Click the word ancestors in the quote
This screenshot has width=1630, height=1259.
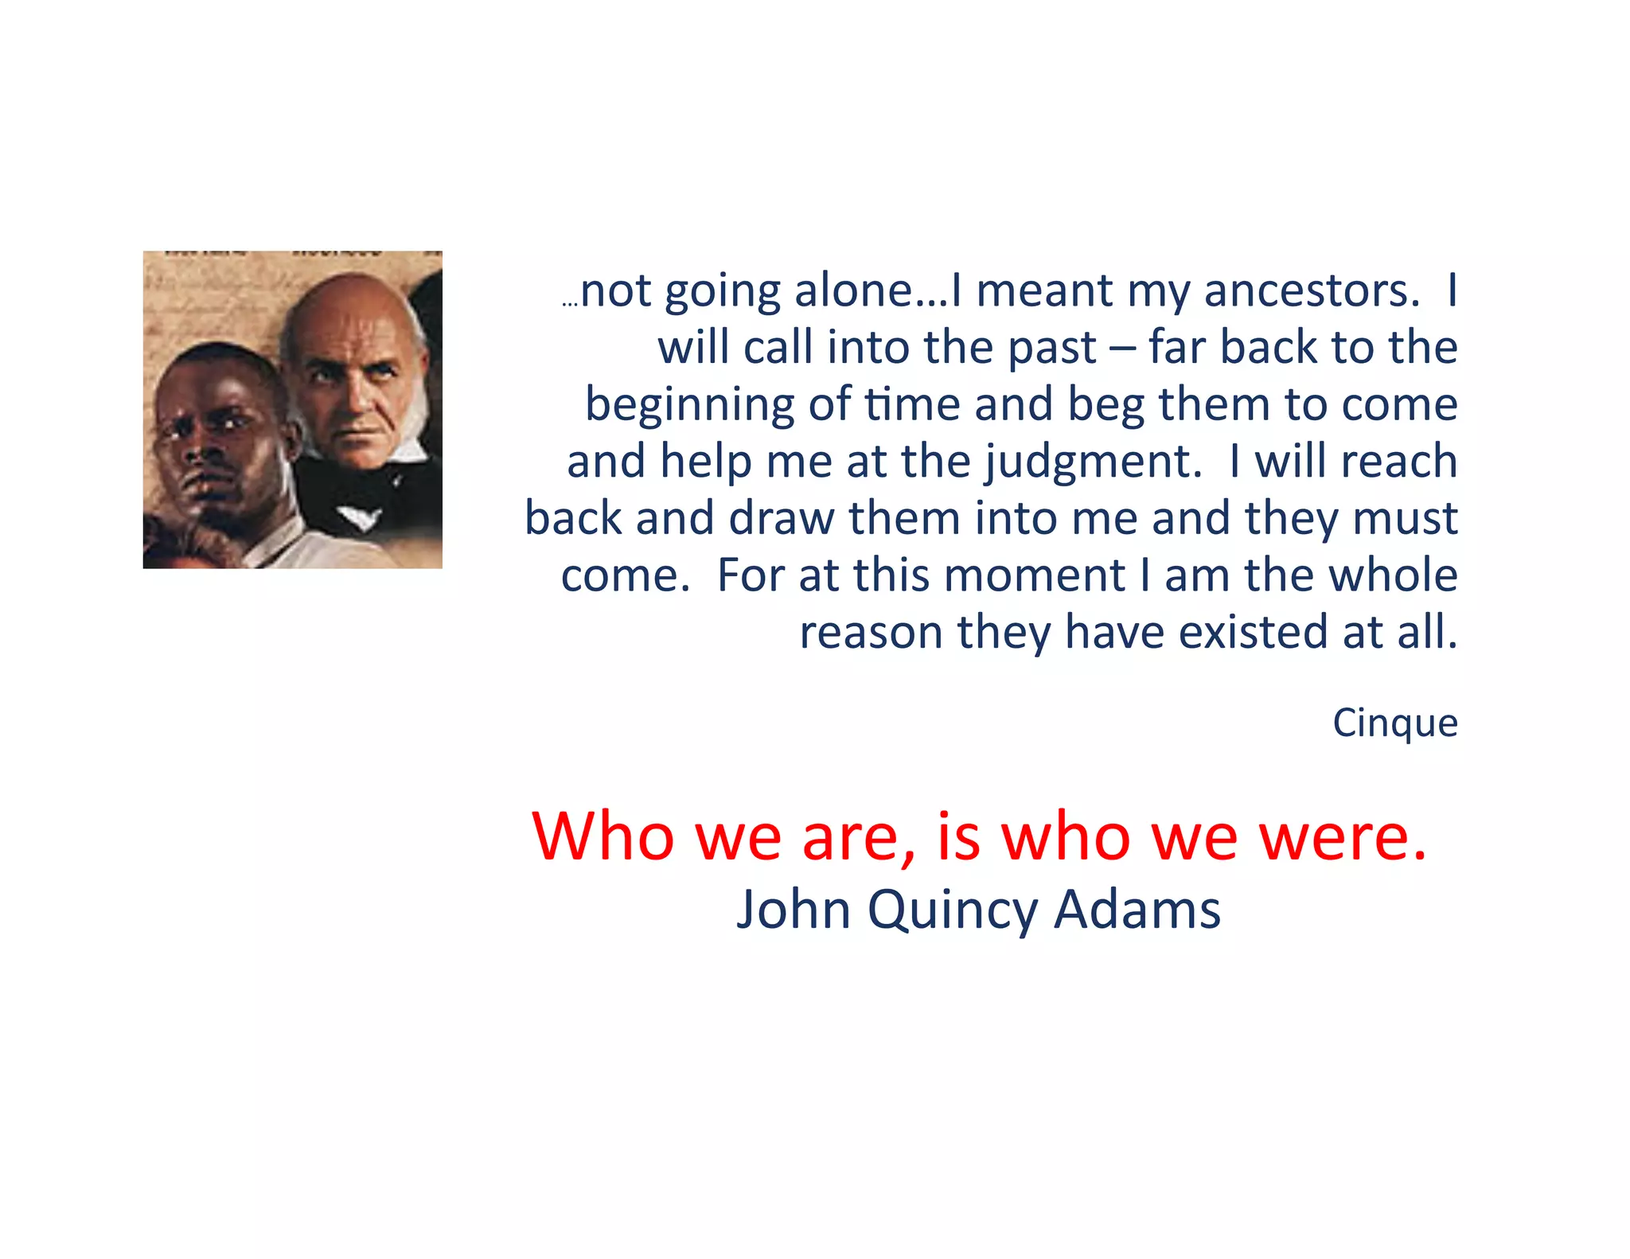click(1312, 290)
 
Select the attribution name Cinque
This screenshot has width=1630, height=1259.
click(1395, 723)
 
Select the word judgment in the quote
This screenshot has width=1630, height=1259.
click(1093, 462)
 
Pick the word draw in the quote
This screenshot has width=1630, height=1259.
click(782, 519)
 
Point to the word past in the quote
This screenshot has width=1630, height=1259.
click(1052, 349)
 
